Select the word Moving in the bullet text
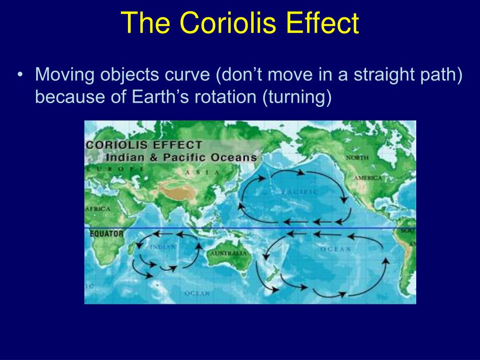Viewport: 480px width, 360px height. coord(63,75)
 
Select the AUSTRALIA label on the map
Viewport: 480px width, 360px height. coord(228,253)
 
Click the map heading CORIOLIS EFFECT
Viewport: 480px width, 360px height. coord(144,145)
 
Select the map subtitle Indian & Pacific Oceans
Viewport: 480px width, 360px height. coord(181,157)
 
